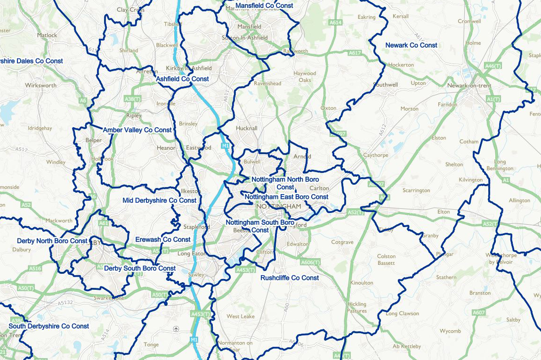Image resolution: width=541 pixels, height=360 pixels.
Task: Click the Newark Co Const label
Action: [411, 45]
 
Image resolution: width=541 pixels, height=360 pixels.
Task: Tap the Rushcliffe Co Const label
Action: [290, 278]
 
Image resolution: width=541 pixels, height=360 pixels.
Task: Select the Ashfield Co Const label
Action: [182, 79]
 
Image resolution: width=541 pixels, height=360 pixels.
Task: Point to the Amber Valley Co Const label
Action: [137, 130]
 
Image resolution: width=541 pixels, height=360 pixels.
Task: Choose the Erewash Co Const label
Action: [163, 239]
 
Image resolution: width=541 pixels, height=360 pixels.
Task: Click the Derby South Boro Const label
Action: [140, 269]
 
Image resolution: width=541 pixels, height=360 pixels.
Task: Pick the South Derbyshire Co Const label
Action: [49, 326]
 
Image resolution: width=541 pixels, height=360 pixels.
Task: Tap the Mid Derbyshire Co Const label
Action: [159, 200]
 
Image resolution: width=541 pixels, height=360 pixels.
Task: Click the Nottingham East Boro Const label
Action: [286, 197]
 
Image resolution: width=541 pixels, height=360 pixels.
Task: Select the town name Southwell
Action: [385, 85]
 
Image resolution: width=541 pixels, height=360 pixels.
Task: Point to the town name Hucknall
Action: [247, 128]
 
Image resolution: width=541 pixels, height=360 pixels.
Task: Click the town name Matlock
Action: [47, 35]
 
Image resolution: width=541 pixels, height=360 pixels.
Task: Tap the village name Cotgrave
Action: [342, 242]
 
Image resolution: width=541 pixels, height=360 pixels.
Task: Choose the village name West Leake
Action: [241, 316]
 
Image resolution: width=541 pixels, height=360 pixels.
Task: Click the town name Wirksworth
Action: [41, 86]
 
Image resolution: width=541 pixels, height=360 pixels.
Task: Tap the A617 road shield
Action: [355, 53]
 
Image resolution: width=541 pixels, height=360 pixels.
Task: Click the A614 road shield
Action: [336, 23]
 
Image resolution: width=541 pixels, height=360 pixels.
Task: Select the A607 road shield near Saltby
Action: [479, 312]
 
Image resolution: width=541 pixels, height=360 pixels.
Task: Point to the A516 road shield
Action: [35, 269]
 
